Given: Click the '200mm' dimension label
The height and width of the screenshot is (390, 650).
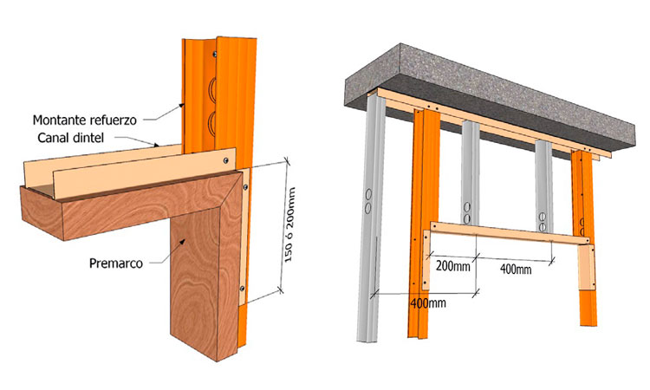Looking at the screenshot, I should tap(453, 265).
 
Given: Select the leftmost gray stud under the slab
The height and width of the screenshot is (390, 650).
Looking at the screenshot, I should tap(370, 217).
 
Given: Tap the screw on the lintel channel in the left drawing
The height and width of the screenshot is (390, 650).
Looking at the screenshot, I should tap(227, 159).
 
